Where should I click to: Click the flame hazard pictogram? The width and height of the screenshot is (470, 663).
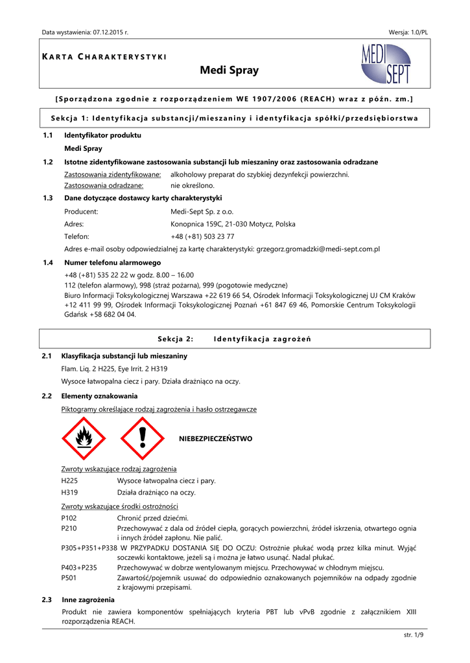(x=83, y=438)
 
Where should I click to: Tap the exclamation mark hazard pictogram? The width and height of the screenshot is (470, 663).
(x=143, y=438)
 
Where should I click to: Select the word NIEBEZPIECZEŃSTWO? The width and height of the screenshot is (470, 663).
(x=215, y=439)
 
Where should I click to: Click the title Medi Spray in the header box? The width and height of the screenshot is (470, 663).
(x=229, y=71)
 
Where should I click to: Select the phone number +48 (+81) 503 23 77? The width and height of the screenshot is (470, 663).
(x=202, y=236)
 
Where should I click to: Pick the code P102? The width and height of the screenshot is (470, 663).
(x=69, y=518)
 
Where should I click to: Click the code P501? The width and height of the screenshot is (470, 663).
(x=69, y=578)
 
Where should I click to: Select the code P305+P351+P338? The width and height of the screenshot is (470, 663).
(x=89, y=548)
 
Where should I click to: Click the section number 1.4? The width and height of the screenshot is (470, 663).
(x=47, y=262)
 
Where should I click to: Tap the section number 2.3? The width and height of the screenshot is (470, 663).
(x=47, y=600)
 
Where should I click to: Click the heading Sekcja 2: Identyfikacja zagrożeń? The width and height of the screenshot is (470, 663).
(x=235, y=339)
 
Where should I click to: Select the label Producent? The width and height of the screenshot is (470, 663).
(x=81, y=212)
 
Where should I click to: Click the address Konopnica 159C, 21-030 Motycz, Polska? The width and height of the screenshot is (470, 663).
(x=233, y=224)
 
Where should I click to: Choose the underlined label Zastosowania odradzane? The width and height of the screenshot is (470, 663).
(x=104, y=185)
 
